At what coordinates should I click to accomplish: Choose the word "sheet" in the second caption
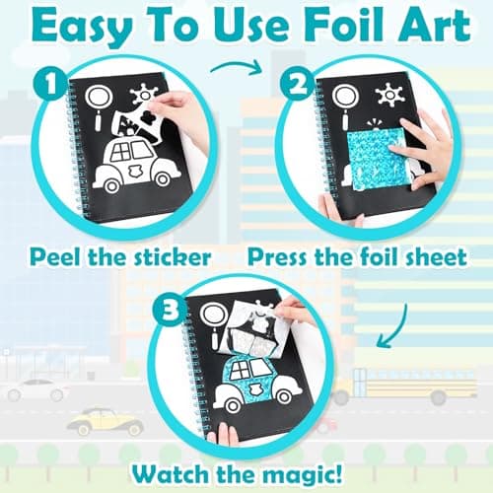[x=433, y=259]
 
